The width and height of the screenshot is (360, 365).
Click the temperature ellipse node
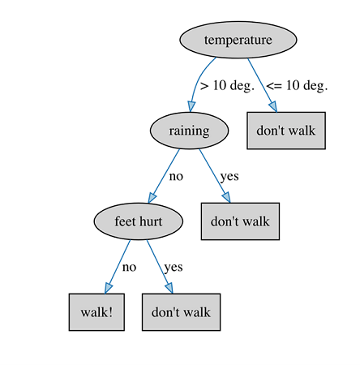(x=238, y=40)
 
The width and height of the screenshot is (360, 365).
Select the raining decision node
(x=189, y=131)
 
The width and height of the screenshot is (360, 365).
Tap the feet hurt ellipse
(x=139, y=221)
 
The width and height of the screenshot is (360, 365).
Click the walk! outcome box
(x=96, y=312)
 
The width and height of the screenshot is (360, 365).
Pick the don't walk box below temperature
(x=286, y=131)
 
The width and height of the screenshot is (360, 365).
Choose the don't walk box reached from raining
(x=240, y=221)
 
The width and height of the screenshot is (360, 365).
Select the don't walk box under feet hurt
(x=181, y=312)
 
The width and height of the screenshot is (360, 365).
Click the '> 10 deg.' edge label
(x=227, y=86)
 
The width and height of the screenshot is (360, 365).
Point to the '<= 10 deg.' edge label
(x=297, y=86)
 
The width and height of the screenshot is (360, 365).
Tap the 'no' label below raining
(x=176, y=177)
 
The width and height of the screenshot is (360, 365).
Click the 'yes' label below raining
(x=229, y=177)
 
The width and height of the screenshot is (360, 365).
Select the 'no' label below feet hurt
(x=129, y=268)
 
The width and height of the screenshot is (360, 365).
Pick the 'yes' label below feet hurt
(x=174, y=268)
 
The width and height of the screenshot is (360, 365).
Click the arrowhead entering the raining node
(x=191, y=106)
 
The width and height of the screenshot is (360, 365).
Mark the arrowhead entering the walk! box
(x=108, y=288)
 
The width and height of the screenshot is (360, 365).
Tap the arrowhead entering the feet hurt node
(x=152, y=198)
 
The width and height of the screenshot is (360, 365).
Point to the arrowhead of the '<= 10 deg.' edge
(x=273, y=106)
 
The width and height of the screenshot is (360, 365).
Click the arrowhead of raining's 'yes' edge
(x=226, y=197)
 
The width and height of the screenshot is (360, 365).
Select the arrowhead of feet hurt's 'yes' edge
(x=169, y=288)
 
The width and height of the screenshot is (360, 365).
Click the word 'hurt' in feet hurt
(x=151, y=221)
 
